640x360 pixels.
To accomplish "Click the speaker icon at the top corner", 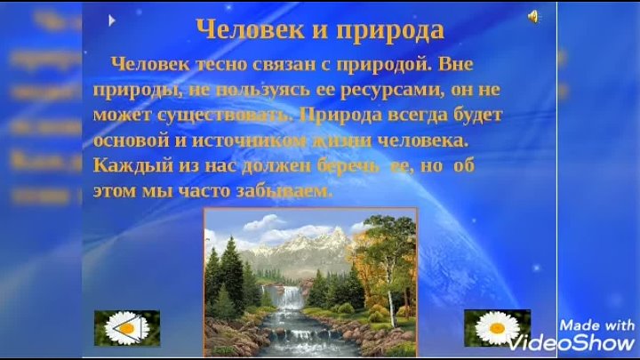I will (533, 16).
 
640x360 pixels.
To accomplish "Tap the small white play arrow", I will (112, 19).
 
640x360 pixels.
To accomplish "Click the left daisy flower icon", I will (126, 328).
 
